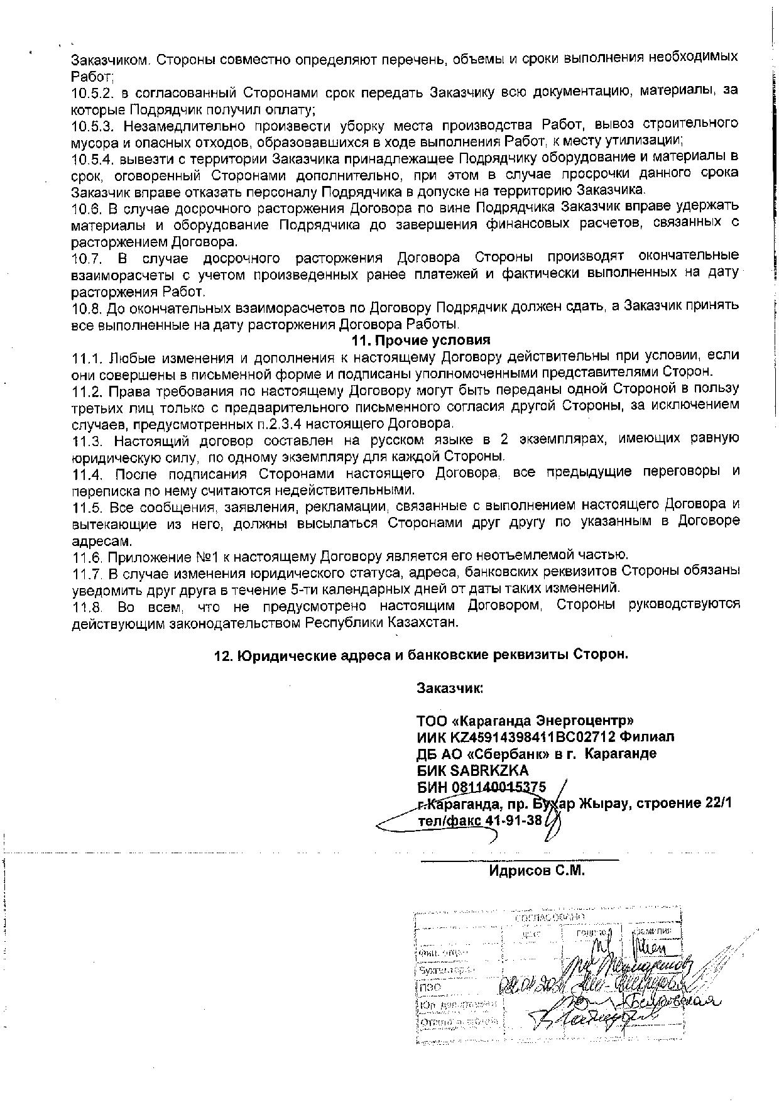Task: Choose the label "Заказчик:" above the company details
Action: [x=450, y=688]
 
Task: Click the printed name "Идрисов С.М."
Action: [x=537, y=871]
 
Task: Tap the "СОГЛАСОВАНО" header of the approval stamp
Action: [x=544, y=918]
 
